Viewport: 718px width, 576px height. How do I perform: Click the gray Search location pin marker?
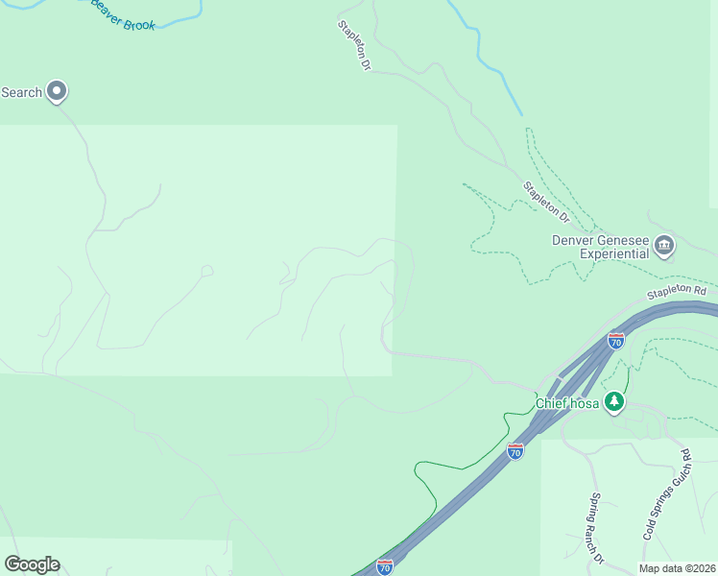pyautogui.click(x=57, y=91)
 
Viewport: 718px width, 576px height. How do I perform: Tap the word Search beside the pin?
pyautogui.click(x=21, y=92)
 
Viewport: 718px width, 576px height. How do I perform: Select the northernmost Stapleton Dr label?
pyautogui.click(x=352, y=46)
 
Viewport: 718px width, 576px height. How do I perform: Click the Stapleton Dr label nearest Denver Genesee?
pyautogui.click(x=545, y=200)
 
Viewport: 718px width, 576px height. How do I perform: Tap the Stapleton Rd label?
pyautogui.click(x=676, y=290)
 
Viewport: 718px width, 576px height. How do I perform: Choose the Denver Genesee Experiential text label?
pyautogui.click(x=600, y=247)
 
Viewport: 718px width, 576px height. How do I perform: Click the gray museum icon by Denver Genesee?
pyautogui.click(x=664, y=247)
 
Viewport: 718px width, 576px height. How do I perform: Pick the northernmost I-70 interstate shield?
pyautogui.click(x=616, y=340)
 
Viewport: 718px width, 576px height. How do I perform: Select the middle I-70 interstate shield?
pyautogui.click(x=515, y=450)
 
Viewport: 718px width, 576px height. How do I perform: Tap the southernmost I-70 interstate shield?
pyautogui.click(x=385, y=566)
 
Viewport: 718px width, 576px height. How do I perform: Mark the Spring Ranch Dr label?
pyautogui.click(x=597, y=527)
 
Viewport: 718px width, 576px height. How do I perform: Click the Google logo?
pyautogui.click(x=32, y=564)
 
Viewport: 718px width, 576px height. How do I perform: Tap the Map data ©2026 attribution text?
pyautogui.click(x=677, y=568)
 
